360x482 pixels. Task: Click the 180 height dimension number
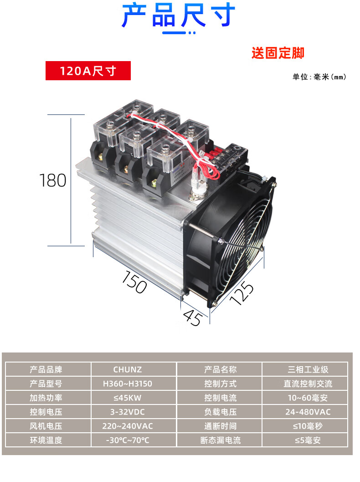click(x=53, y=181)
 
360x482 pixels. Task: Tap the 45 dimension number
click(x=193, y=317)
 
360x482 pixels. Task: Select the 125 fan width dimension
click(x=242, y=293)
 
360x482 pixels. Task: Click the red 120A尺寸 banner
click(x=88, y=71)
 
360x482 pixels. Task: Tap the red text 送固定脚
click(x=278, y=53)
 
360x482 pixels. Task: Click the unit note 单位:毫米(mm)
click(x=319, y=77)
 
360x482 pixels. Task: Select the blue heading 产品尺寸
click(x=179, y=16)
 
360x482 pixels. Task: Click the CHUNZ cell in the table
click(x=128, y=369)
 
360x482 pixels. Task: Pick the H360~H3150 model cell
click(x=128, y=384)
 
